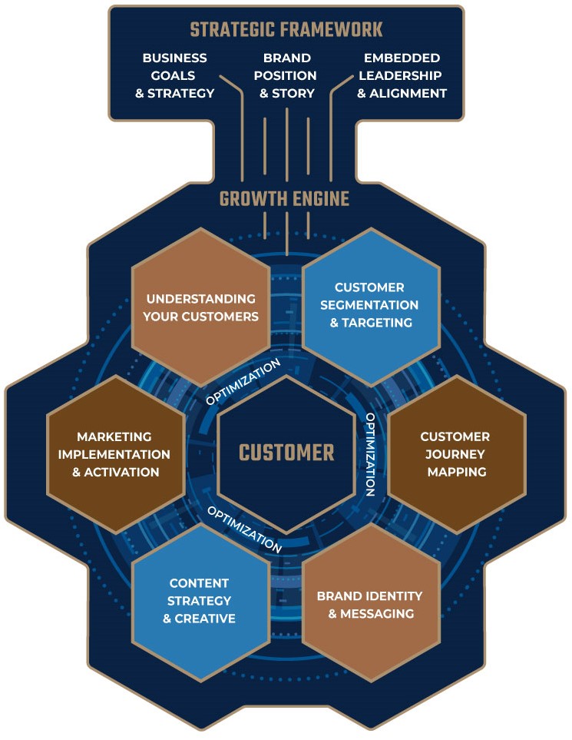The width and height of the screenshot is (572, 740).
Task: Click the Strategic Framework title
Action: tap(286, 31)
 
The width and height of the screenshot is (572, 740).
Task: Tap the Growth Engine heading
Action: tap(284, 200)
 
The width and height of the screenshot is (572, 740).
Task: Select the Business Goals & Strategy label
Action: tap(179, 76)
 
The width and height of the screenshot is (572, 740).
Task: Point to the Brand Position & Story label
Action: tap(287, 76)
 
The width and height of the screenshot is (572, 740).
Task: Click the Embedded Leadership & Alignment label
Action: tap(402, 76)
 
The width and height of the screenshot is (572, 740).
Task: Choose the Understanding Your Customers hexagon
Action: tap(201, 307)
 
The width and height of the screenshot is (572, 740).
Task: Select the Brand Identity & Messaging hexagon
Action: tap(371, 605)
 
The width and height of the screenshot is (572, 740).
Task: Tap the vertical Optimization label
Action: tap(370, 454)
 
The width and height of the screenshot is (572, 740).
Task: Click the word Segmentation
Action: tap(371, 305)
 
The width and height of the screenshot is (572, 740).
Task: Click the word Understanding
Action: tap(201, 298)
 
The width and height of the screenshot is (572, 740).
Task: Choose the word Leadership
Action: tap(402, 76)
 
